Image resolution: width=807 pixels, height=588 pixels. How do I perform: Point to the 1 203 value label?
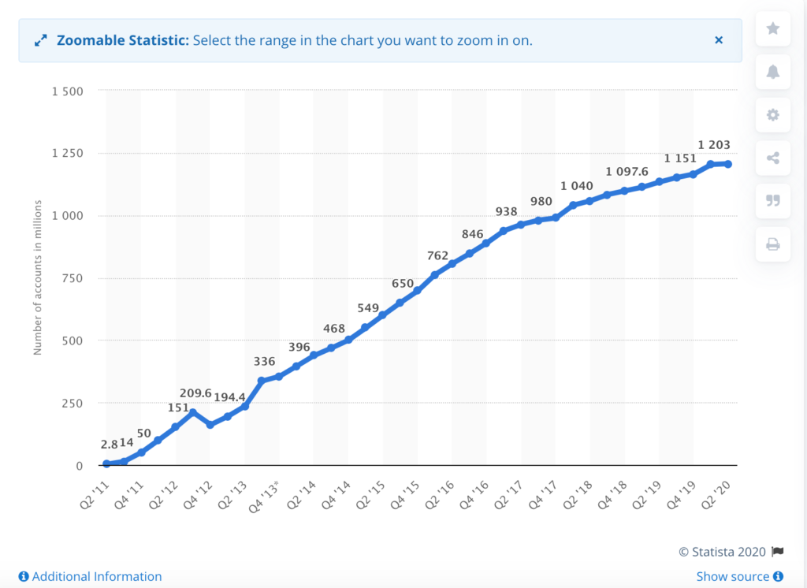click(714, 145)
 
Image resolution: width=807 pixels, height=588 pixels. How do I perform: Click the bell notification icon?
click(773, 72)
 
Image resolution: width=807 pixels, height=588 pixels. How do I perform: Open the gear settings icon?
click(773, 115)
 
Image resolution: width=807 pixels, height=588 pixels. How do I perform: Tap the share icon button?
click(773, 158)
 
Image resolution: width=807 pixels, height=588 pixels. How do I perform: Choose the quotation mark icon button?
click(773, 201)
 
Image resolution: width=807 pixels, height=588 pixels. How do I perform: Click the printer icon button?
click(773, 244)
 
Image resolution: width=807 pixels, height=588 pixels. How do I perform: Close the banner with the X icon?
click(719, 40)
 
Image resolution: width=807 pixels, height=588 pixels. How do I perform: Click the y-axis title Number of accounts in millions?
click(37, 278)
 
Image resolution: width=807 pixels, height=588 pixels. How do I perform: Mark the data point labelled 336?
click(262, 381)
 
